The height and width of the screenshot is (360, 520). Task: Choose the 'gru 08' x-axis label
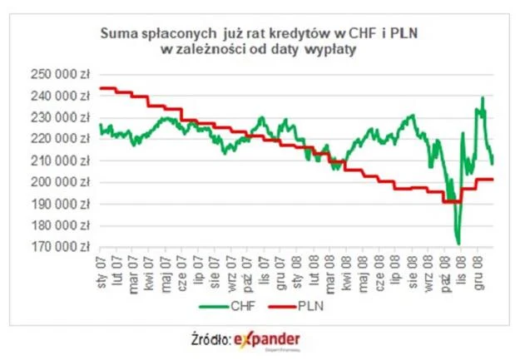(x=477, y=270)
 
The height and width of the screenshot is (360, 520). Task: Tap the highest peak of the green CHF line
(x=483, y=98)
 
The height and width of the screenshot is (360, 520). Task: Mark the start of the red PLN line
(x=100, y=88)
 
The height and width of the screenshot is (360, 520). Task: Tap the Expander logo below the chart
(x=267, y=339)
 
